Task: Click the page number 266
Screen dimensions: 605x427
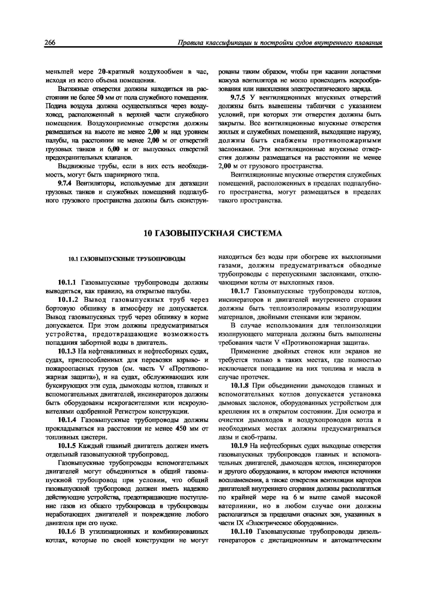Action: click(x=50, y=43)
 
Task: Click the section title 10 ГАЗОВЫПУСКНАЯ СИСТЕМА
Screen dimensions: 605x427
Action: click(x=213, y=233)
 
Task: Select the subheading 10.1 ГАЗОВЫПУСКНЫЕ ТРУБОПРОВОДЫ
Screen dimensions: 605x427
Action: click(x=127, y=259)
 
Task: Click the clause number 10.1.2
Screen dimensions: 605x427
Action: click(x=68, y=300)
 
